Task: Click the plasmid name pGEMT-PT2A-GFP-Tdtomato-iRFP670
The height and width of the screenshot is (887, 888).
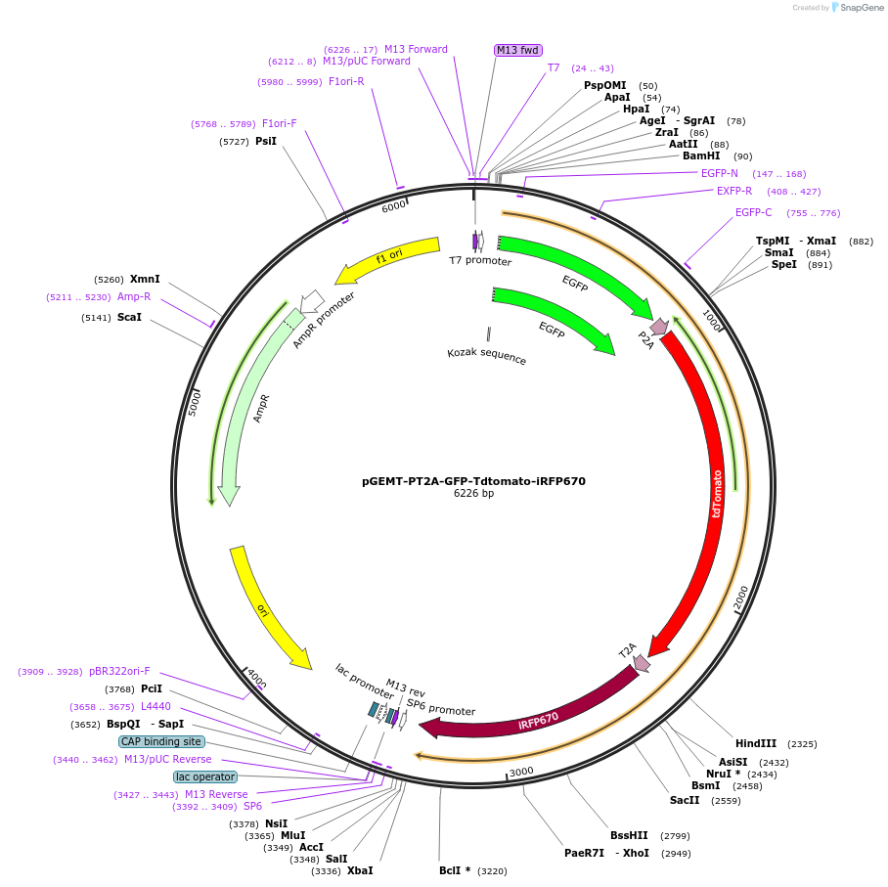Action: tap(473, 481)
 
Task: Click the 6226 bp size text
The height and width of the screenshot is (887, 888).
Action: tap(473, 494)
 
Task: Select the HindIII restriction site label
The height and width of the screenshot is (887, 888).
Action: tap(756, 743)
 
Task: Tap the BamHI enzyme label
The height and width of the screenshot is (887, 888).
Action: tap(701, 155)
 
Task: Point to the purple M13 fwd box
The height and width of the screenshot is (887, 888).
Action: tap(517, 50)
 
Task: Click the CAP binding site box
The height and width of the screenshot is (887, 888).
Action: tap(161, 741)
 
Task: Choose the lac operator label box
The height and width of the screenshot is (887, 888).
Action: tap(205, 776)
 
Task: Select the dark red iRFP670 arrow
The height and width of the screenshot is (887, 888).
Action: tap(538, 718)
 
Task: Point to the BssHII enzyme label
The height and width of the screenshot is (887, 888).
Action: tap(629, 836)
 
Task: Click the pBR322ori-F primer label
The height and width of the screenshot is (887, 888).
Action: tap(120, 672)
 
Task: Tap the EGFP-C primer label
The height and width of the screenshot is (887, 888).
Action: tap(753, 213)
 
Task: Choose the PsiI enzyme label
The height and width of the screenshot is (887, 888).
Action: tap(266, 141)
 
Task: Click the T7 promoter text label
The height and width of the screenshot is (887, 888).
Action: tap(480, 261)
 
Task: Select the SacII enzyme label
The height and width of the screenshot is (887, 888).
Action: tap(685, 800)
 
